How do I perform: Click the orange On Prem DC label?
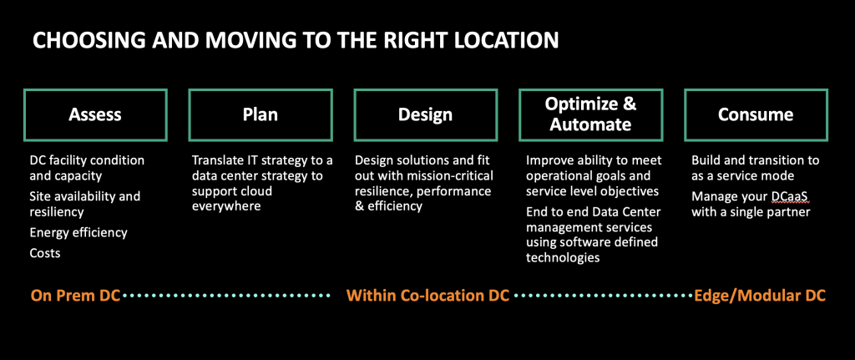(76, 296)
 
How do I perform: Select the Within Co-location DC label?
(428, 296)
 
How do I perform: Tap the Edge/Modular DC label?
(760, 296)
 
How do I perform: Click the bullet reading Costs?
(45, 253)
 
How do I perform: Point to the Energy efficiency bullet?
(78, 233)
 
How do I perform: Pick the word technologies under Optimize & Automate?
(563, 257)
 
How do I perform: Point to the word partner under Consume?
(788, 211)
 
